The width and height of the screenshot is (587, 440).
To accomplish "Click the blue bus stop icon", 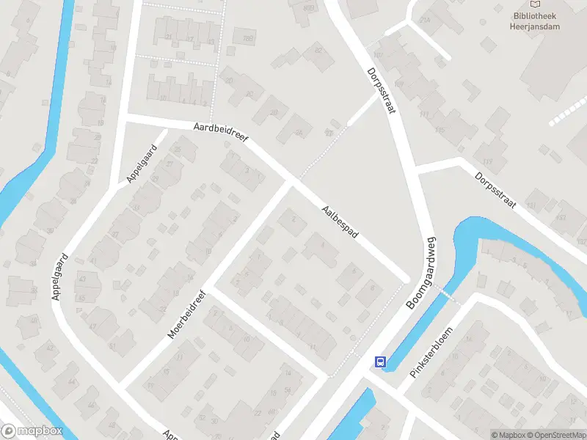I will coord(380,362).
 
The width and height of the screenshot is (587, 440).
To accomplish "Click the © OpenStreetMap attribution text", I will coord(556,434).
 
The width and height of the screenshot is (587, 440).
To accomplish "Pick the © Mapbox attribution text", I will coord(508,434).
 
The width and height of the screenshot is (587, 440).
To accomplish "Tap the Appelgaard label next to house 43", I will coord(60,276).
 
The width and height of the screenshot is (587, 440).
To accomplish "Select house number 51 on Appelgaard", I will coord(112,345).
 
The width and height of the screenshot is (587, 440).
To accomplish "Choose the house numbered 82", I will coord(318,49).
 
